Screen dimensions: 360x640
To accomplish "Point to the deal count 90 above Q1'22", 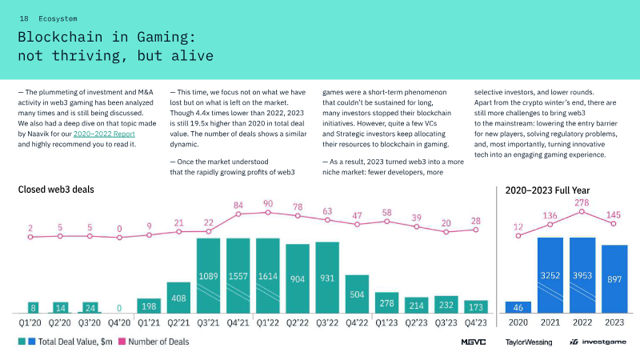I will pos(268,203).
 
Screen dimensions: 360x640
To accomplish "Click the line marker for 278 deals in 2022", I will pos(581,212).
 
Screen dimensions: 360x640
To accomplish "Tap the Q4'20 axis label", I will pos(120,323).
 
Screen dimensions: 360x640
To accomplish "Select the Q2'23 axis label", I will pos(416,323).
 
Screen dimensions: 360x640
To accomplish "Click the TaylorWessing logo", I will pos(529,342).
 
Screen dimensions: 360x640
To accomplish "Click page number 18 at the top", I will pos(24,17).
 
